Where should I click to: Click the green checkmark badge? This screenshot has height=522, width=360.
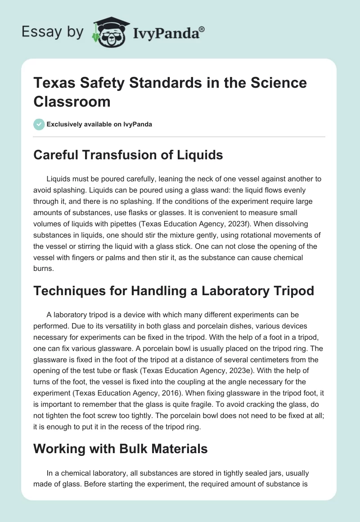click(x=39, y=124)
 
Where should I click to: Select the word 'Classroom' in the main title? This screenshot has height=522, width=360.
click(x=72, y=101)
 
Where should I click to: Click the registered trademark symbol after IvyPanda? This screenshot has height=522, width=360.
click(x=202, y=29)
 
